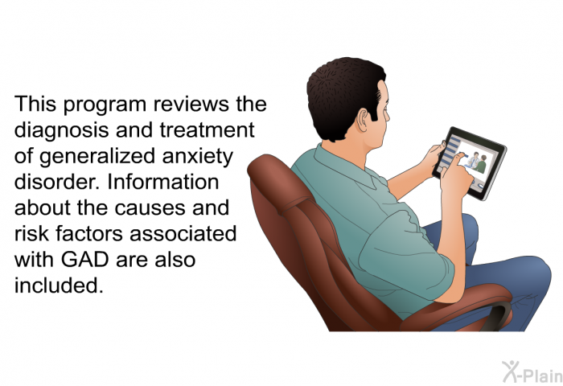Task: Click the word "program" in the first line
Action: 105,105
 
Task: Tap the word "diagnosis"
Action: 61,131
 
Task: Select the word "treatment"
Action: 207,130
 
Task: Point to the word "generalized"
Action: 97,157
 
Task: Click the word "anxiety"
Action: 198,157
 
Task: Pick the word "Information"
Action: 163,182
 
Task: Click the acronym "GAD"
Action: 84,260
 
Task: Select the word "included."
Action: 59,285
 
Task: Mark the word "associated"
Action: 183,234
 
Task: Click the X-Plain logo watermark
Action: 532,372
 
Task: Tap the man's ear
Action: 364,120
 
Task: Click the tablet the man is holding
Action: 471,163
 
